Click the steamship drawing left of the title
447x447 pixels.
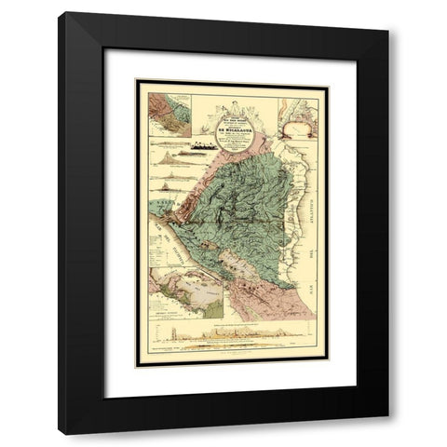(x=202, y=144)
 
